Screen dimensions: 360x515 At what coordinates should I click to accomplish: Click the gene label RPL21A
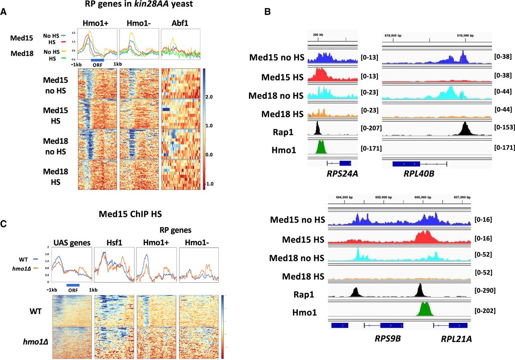tap(456, 339)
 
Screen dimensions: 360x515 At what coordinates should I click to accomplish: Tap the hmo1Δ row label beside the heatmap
tap(31, 343)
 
